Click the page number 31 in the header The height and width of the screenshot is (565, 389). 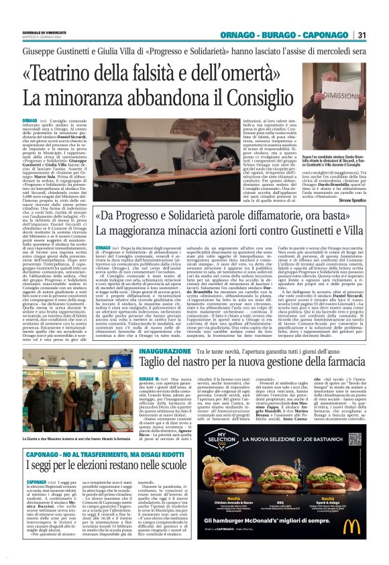pos(361,36)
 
